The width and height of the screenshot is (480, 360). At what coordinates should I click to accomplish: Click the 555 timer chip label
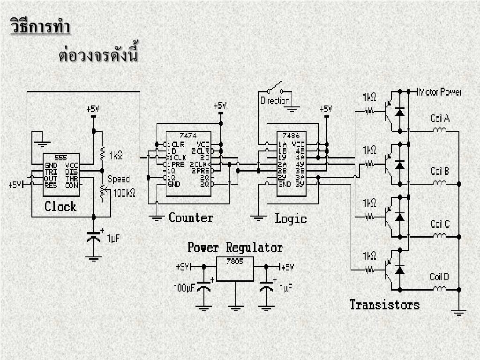tap(61, 157)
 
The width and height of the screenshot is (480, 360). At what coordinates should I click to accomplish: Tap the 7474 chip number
tap(188, 135)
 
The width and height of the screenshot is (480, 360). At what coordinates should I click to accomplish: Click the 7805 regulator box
tap(235, 269)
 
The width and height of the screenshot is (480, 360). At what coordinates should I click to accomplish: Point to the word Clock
tap(60, 206)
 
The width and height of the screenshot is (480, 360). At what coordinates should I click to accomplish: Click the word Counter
tap(191, 218)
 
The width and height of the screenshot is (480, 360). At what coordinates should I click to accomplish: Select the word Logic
tap(291, 218)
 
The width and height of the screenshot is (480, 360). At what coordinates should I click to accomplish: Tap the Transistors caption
tap(384, 305)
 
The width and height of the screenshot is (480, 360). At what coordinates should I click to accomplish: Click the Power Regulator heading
tap(235, 247)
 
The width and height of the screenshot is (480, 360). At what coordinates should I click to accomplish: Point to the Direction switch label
tap(275, 101)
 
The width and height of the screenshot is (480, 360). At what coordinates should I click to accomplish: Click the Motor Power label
tap(441, 92)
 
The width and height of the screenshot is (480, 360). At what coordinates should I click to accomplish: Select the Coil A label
tap(440, 118)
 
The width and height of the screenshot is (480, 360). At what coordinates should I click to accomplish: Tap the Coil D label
tap(439, 277)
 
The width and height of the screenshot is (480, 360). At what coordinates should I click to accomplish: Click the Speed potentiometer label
tap(119, 179)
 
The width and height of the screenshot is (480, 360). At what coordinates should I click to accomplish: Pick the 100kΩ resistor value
tap(124, 192)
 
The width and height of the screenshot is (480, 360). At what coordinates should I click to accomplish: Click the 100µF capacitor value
tap(184, 288)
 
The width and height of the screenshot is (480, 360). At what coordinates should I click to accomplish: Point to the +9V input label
tap(183, 267)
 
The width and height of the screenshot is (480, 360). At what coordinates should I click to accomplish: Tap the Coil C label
tap(440, 224)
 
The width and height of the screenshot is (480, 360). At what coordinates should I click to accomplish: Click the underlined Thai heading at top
tap(40, 26)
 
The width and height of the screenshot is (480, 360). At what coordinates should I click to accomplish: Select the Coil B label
tap(440, 171)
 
